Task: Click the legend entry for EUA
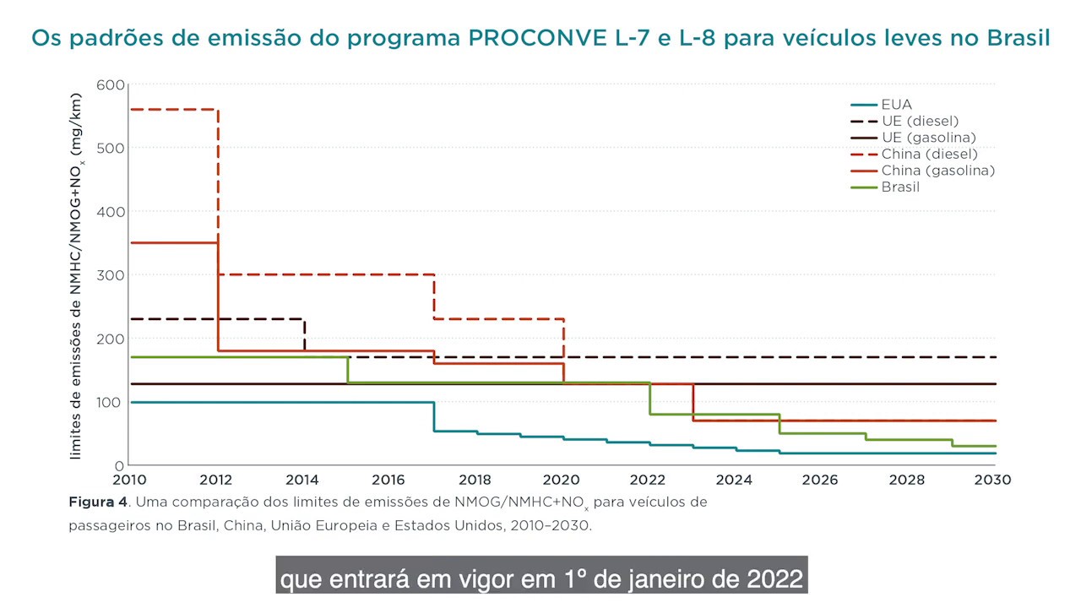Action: pos(896,105)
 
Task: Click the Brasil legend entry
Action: pos(900,187)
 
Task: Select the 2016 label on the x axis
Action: pos(388,480)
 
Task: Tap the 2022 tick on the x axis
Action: pos(647,480)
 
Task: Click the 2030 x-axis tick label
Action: pos(993,480)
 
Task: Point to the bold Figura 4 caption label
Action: pos(98,502)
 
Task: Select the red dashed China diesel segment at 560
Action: pos(173,110)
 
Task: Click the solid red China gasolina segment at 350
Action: pos(173,243)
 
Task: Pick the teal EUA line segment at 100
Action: pos(279,402)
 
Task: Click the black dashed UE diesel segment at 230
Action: pos(215,319)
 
